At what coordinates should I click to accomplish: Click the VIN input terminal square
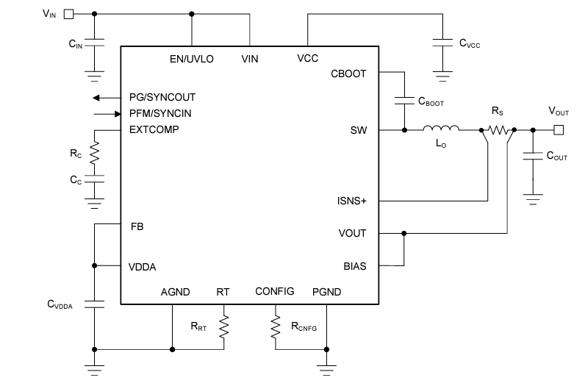68,13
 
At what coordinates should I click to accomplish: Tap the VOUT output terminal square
559,130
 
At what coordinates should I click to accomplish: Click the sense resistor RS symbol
498,130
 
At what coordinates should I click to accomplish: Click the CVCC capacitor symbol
442,43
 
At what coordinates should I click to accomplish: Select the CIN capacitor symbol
93,43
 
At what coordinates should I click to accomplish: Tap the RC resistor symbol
93,154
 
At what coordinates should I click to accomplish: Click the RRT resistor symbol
225,325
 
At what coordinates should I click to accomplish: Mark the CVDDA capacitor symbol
93,304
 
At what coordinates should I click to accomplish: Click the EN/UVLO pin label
191,59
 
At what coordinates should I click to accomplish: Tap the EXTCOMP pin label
154,129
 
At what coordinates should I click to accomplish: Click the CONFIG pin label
274,291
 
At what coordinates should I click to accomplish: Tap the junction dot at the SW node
403,130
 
